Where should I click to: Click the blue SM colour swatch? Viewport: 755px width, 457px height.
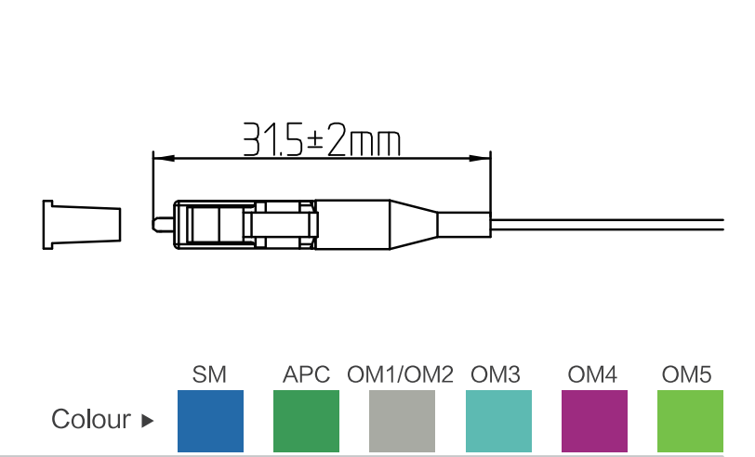[x=209, y=421]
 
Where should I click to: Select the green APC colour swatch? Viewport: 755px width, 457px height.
[x=306, y=421]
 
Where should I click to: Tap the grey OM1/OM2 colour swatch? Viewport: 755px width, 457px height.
[x=402, y=421]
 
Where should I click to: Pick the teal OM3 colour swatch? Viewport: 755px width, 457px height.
[x=497, y=421]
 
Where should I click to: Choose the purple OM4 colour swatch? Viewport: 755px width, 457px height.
[x=594, y=421]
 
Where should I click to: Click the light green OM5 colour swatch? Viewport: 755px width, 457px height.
[x=690, y=421]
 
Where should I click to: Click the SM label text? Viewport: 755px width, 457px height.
[x=209, y=375]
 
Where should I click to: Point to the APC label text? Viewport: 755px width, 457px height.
[x=307, y=375]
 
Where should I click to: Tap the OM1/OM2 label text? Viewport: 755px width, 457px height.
[x=401, y=375]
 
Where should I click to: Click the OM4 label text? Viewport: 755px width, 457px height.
[x=592, y=375]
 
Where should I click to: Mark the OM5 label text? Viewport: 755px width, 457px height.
[x=687, y=375]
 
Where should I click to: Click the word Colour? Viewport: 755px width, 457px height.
[x=91, y=420]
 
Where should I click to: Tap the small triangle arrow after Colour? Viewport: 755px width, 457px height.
[x=147, y=421]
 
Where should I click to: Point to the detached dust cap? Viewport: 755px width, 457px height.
[x=81, y=225]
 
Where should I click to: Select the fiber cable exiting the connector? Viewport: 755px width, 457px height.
[x=604, y=225]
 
